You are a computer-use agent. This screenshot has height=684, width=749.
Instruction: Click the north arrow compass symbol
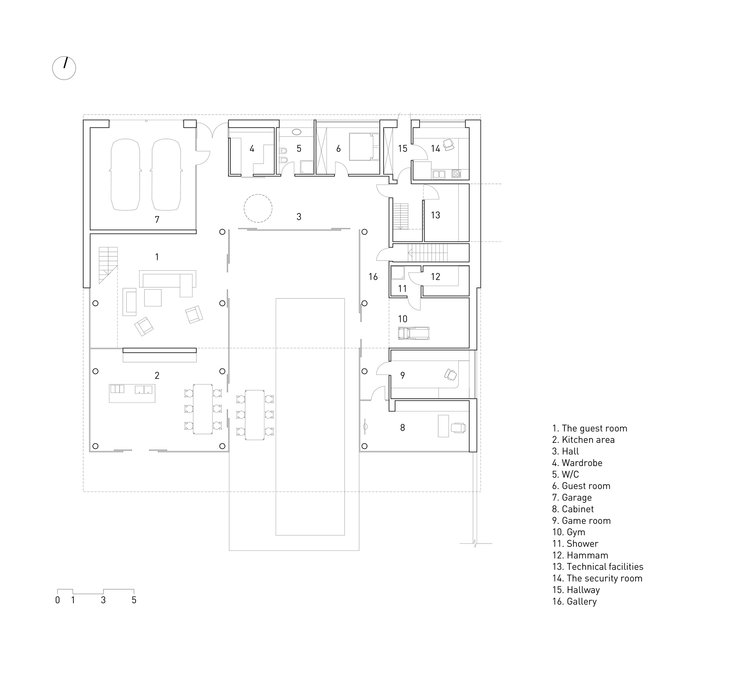(x=64, y=68)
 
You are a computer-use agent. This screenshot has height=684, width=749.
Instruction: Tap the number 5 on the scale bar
(x=134, y=600)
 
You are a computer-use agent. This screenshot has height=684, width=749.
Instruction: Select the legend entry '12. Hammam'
(x=580, y=555)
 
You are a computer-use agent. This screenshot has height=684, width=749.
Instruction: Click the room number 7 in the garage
(x=157, y=220)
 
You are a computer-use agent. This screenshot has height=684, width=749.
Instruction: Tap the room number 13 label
(x=435, y=215)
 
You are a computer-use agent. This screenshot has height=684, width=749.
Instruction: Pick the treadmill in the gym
(x=413, y=333)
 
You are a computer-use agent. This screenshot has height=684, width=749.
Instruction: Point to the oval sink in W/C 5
(x=297, y=132)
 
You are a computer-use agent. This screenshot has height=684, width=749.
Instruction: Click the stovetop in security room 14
(x=456, y=174)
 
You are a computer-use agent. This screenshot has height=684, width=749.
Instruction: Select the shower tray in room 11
(x=397, y=273)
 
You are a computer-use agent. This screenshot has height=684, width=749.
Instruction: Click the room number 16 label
(x=373, y=277)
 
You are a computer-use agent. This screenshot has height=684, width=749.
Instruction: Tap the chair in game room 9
(x=451, y=374)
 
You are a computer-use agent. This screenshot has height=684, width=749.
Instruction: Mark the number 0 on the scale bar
(x=57, y=600)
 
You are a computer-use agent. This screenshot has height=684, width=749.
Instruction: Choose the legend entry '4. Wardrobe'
(x=577, y=463)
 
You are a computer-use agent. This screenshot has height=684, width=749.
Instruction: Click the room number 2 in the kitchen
(x=157, y=376)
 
